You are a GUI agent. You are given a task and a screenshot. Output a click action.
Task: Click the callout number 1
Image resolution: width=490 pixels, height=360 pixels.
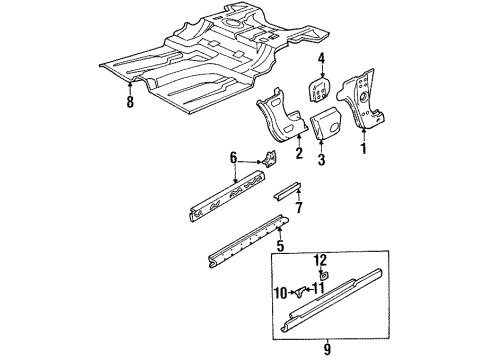click(364, 150)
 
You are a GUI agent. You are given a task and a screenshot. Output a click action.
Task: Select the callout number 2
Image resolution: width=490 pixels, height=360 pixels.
click(298, 152)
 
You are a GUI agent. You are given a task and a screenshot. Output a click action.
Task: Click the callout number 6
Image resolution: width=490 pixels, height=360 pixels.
click(234, 157)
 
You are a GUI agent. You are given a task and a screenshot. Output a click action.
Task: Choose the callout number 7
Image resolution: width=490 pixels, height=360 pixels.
click(299, 207)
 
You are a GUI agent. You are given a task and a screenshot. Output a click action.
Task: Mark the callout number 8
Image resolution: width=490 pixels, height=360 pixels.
click(131, 101)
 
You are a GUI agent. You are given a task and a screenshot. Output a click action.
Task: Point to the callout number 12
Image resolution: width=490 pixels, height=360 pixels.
click(321, 260)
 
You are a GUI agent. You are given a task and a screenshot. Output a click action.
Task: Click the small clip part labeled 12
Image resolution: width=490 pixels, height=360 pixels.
click(323, 273)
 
